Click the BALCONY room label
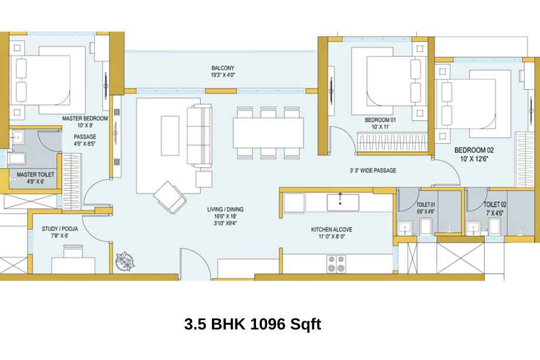[x=223, y=68]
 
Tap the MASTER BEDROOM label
[x=85, y=118]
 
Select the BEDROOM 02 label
[x=474, y=150]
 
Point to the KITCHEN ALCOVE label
[x=332, y=230]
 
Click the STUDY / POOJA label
[x=60, y=229]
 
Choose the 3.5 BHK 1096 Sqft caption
[x=253, y=324]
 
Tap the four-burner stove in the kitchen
[x=336, y=264]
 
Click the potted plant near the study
[x=126, y=261]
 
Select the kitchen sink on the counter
[x=343, y=202]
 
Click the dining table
[x=268, y=133]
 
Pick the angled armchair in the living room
[x=170, y=197]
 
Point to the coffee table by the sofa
[x=170, y=136]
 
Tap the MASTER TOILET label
[x=35, y=174]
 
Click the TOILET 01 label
[x=426, y=204]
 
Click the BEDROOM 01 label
[x=380, y=120]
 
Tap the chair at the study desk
[x=73, y=251]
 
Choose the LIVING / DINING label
[x=225, y=209]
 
